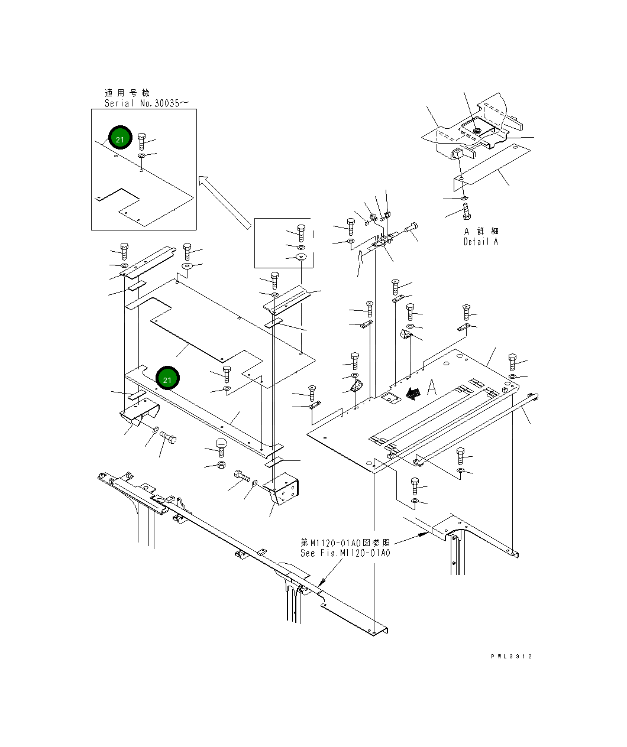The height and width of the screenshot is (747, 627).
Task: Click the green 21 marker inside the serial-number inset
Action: click(x=120, y=137)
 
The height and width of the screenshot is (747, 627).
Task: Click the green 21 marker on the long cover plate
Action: click(x=167, y=378)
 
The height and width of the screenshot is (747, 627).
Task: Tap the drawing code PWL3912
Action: click(x=511, y=657)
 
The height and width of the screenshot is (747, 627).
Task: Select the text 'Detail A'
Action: click(x=480, y=242)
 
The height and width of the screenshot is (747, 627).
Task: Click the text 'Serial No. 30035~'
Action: click(x=146, y=103)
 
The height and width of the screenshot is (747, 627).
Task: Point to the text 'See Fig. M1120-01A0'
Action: click(x=345, y=553)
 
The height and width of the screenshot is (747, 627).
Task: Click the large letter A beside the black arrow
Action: click(x=432, y=387)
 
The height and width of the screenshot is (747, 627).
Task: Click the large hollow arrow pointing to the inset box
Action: click(x=225, y=203)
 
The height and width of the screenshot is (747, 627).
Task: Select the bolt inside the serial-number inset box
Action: click(x=141, y=141)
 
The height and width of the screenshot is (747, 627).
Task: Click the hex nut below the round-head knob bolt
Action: click(x=221, y=465)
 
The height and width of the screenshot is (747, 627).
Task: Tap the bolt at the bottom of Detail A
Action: click(x=466, y=211)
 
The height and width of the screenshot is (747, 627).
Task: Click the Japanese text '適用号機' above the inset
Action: click(x=127, y=93)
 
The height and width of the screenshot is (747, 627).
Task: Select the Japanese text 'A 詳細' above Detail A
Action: click(x=481, y=231)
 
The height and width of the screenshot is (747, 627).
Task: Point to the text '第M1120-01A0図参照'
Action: click(x=345, y=543)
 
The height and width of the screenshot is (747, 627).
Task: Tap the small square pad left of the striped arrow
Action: click(x=390, y=398)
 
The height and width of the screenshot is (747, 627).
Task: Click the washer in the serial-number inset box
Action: click(x=141, y=155)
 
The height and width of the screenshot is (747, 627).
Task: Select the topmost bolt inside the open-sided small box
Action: click(x=301, y=233)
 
